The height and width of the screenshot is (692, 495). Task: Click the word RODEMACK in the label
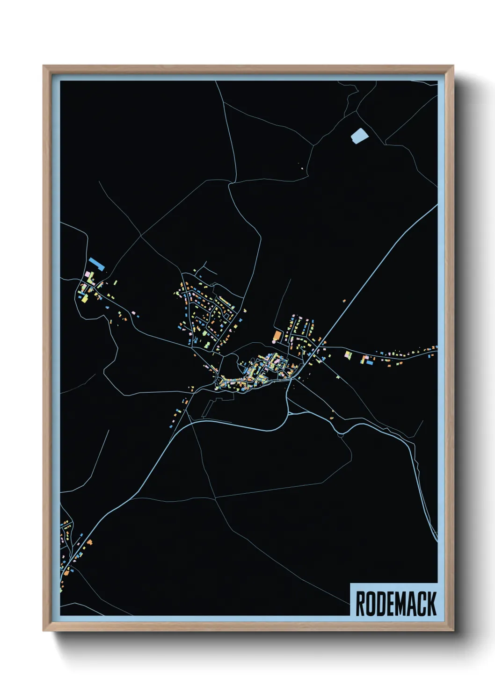[x=396, y=604]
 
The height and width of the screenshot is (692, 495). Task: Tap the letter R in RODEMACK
[x=361, y=604]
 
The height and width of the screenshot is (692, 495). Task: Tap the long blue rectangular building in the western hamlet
[x=96, y=264]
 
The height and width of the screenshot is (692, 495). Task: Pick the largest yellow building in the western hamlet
[x=86, y=284]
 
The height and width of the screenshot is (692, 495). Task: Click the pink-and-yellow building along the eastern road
[x=348, y=355]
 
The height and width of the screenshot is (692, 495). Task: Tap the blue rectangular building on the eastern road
[x=369, y=362]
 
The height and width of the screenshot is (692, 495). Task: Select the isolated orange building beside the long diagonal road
[x=344, y=301]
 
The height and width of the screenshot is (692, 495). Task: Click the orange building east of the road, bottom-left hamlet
[x=89, y=542]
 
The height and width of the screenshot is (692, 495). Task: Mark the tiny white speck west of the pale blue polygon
[x=302, y=169]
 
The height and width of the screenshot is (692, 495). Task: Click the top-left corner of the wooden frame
[x=44, y=66]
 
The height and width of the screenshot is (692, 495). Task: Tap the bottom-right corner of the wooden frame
[x=453, y=631]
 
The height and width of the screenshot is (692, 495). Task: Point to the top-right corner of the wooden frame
[x=453, y=66]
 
